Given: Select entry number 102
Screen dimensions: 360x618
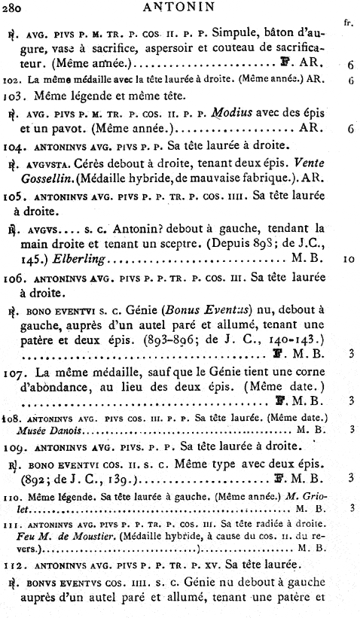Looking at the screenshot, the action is (11, 78).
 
